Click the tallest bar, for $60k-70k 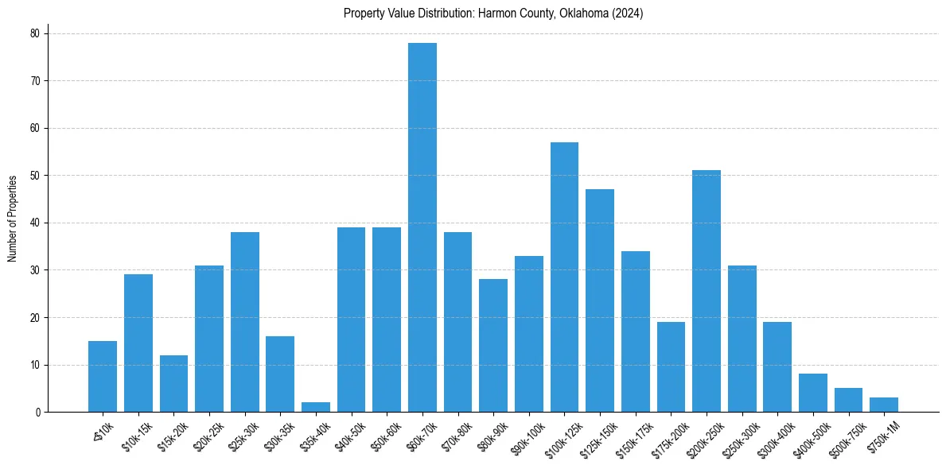pyautogui.click(x=422, y=227)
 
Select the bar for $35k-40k pyautogui.click(x=316, y=407)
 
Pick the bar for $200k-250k pyautogui.click(x=707, y=291)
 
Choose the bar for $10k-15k pyautogui.click(x=138, y=343)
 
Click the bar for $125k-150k pyautogui.click(x=600, y=300)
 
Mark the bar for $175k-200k pyautogui.click(x=671, y=366)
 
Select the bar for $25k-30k pyautogui.click(x=245, y=322)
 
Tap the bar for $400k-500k pyautogui.click(x=813, y=393)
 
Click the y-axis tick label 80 pyautogui.click(x=35, y=33)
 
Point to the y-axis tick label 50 pyautogui.click(x=35, y=176)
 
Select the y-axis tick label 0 pyautogui.click(x=37, y=413)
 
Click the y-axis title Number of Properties pyautogui.click(x=13, y=218)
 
